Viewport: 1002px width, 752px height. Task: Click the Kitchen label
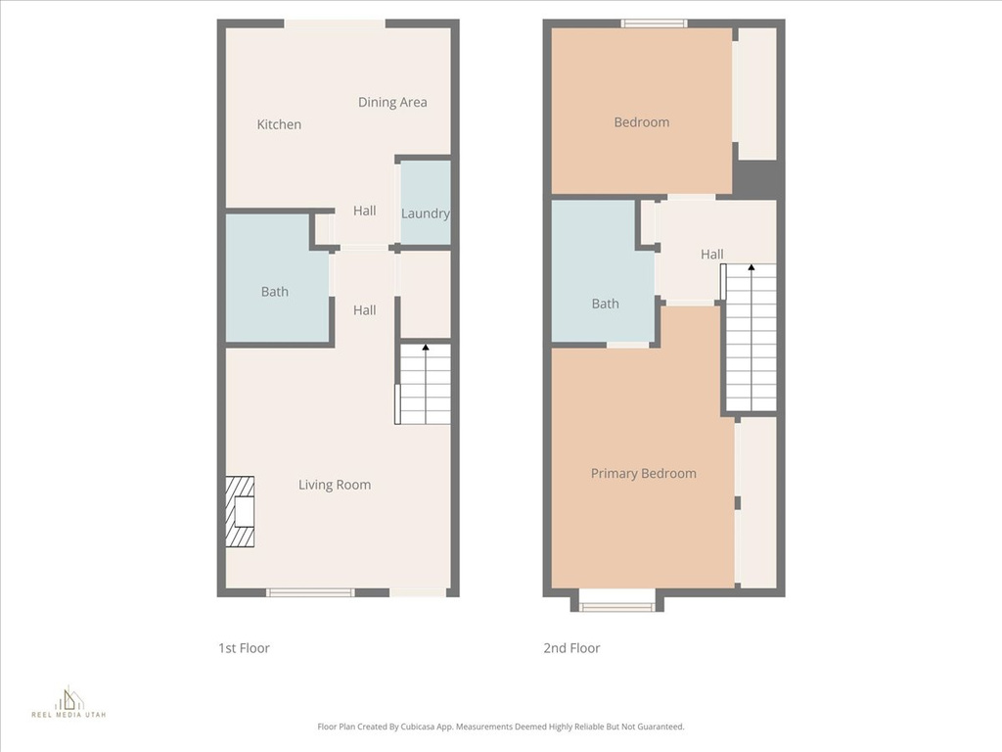(279, 124)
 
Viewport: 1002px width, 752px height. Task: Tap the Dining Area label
(392, 102)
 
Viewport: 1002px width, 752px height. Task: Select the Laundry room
(426, 203)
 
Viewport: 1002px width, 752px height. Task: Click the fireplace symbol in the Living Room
(240, 511)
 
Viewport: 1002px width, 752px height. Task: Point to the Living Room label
(335, 485)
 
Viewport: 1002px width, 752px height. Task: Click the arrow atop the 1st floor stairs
(426, 349)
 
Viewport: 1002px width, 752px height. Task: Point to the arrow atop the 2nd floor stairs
(751, 268)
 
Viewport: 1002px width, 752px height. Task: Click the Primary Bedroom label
(643, 473)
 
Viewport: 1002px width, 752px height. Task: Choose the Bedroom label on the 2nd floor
(642, 122)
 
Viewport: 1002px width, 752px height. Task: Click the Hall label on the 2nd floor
(712, 255)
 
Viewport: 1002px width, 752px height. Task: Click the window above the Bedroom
(654, 23)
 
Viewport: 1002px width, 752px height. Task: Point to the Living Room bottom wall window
(310, 592)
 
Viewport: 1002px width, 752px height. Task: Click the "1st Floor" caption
(244, 648)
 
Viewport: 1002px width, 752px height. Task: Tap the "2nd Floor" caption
(571, 648)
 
